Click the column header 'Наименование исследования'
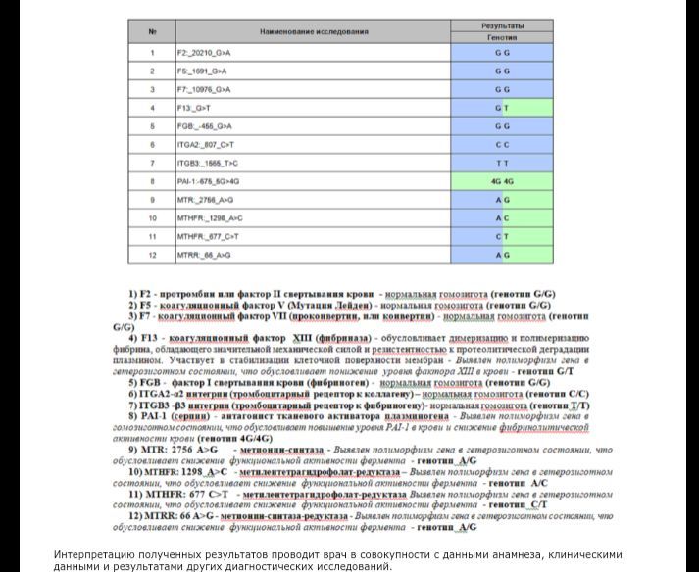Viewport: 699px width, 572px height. coord(314,32)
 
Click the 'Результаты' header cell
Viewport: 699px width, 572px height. coord(502,24)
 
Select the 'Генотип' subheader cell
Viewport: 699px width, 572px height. coord(502,37)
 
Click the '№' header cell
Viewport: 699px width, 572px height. coord(153,32)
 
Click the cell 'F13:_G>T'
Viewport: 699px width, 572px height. coord(196,107)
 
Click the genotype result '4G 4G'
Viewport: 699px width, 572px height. coord(502,181)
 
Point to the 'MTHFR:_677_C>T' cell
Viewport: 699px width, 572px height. coord(208,236)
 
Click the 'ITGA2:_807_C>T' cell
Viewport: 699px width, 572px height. coord(206,144)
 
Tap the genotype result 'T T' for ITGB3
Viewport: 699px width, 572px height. coord(502,163)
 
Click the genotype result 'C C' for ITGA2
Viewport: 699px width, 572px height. coord(502,144)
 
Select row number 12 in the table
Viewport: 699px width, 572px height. coord(153,255)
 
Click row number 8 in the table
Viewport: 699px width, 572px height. coord(153,181)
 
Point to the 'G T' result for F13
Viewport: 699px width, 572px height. coord(502,107)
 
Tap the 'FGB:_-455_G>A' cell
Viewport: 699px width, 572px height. coord(204,125)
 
